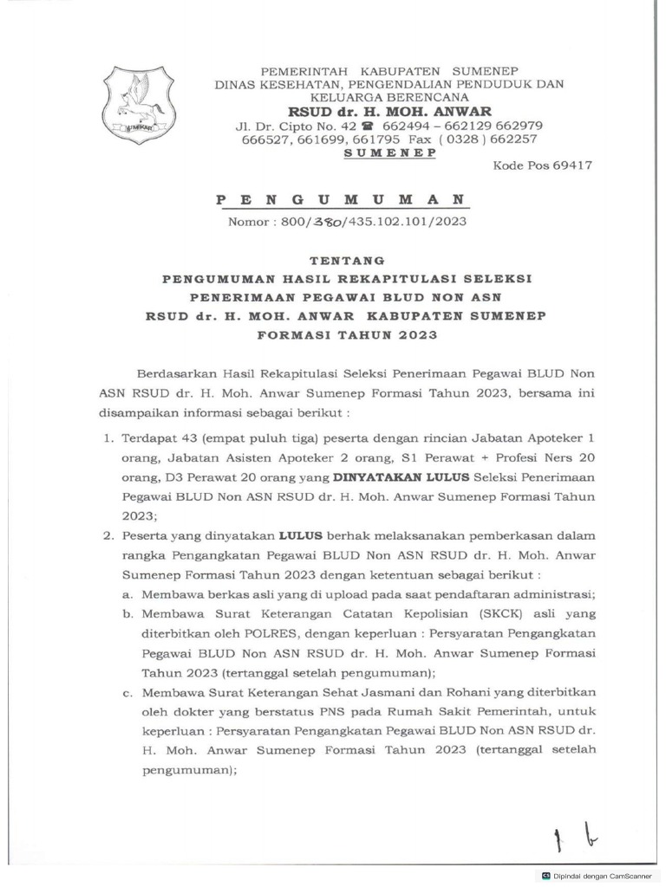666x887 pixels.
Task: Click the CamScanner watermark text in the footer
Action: pyautogui.click(x=597, y=876)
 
